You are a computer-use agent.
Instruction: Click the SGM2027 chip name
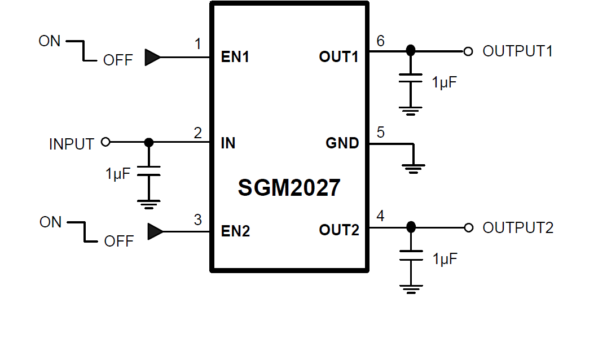[x=289, y=188]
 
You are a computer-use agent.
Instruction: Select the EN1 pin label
[x=235, y=57]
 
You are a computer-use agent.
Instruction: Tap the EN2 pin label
[x=235, y=231]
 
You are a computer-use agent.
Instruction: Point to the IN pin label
[x=228, y=143]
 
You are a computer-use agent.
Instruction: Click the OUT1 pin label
[x=338, y=57]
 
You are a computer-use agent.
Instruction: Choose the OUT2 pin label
[x=338, y=230]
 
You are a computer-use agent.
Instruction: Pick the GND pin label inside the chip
[x=342, y=143]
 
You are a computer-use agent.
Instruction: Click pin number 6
[x=380, y=41]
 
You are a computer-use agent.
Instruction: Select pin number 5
[x=380, y=133]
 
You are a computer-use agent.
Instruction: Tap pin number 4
[x=380, y=216]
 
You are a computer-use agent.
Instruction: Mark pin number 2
[x=197, y=133]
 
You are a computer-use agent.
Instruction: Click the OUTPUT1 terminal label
[x=517, y=51]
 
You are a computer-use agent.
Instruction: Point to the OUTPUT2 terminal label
[x=518, y=228]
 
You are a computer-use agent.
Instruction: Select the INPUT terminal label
[x=72, y=144]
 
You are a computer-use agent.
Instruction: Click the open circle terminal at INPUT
[x=105, y=142]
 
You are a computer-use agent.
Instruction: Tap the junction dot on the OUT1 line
[x=411, y=51]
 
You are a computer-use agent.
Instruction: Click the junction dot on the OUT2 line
[x=411, y=227]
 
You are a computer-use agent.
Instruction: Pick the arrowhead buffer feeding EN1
[x=152, y=57]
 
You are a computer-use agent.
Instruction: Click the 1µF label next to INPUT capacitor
[x=117, y=174]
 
